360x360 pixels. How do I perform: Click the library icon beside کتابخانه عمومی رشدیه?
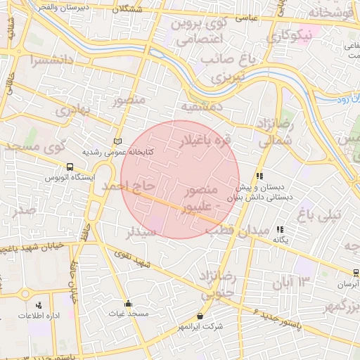click(117, 141)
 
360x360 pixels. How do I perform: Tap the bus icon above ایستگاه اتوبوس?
click(69, 167)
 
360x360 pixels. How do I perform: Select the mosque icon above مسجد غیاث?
click(128, 304)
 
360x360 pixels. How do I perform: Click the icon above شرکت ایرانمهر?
click(201, 316)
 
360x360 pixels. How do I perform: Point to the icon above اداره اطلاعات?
click(39, 305)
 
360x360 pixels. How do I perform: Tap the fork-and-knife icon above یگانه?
click(280, 229)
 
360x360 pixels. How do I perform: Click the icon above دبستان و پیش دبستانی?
click(259, 176)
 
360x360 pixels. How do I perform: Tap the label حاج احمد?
click(127, 186)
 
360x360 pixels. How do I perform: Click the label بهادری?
click(75, 110)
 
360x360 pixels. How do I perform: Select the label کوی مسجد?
click(34, 148)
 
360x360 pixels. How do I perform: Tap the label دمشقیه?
click(202, 107)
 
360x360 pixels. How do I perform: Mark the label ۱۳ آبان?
click(293, 281)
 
